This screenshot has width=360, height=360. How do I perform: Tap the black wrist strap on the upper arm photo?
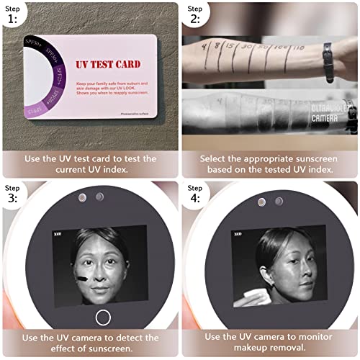[x=329, y=52]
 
